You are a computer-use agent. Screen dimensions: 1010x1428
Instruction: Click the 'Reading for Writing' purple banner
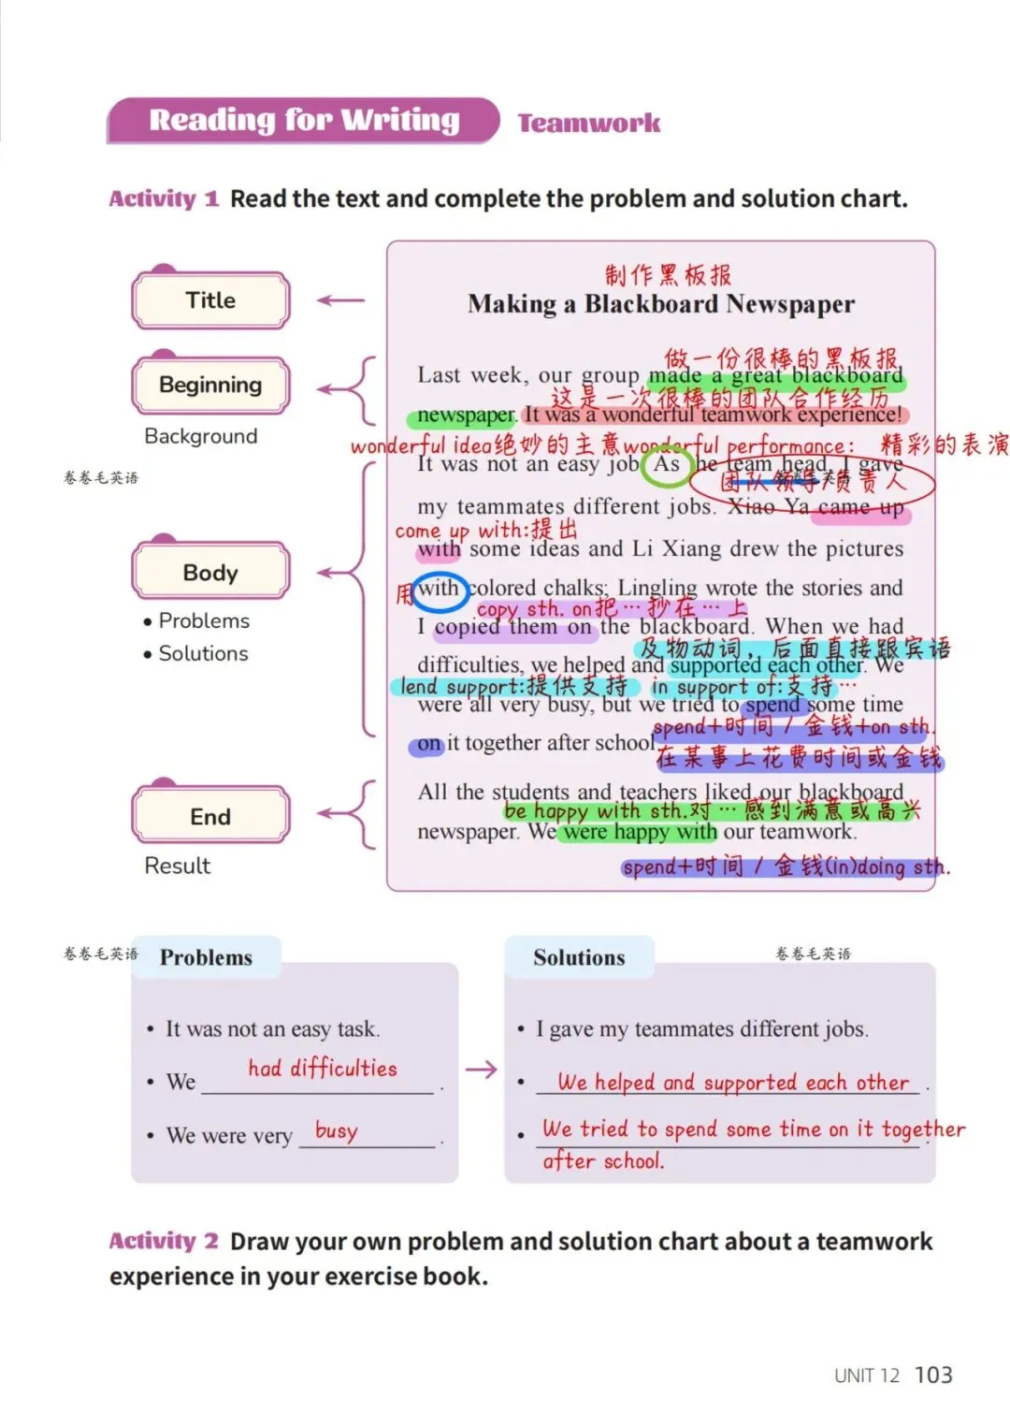[304, 121]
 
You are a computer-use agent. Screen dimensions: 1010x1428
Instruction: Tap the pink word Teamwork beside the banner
[589, 124]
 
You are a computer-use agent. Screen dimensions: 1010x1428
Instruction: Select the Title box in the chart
[210, 300]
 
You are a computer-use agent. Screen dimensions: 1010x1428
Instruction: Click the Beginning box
[210, 385]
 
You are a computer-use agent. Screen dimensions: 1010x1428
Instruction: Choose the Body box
[210, 572]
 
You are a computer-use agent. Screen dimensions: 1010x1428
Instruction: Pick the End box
[210, 816]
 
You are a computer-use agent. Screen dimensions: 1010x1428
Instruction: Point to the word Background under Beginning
[200, 436]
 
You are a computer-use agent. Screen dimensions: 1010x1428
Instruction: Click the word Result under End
[177, 866]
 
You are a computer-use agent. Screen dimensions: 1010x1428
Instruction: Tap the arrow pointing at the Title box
[340, 300]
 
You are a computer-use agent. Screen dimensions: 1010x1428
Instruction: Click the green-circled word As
[667, 465]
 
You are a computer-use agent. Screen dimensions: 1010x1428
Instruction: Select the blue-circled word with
[438, 589]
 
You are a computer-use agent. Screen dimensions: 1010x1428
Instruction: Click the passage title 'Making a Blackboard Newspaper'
[660, 304]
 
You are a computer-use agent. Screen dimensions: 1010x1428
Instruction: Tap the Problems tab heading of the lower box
[206, 957]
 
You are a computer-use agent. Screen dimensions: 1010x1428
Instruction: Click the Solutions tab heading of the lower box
[579, 957]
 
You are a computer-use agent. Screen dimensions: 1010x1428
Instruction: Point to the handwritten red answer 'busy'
[336, 1130]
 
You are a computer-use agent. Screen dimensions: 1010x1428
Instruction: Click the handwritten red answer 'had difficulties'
[323, 1069]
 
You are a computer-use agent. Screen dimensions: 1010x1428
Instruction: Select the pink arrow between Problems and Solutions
[482, 1070]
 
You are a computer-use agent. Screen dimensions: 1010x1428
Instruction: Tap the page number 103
[932, 1375]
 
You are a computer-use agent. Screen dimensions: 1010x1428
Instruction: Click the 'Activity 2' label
[164, 1241]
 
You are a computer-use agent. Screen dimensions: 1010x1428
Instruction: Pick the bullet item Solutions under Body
[203, 653]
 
